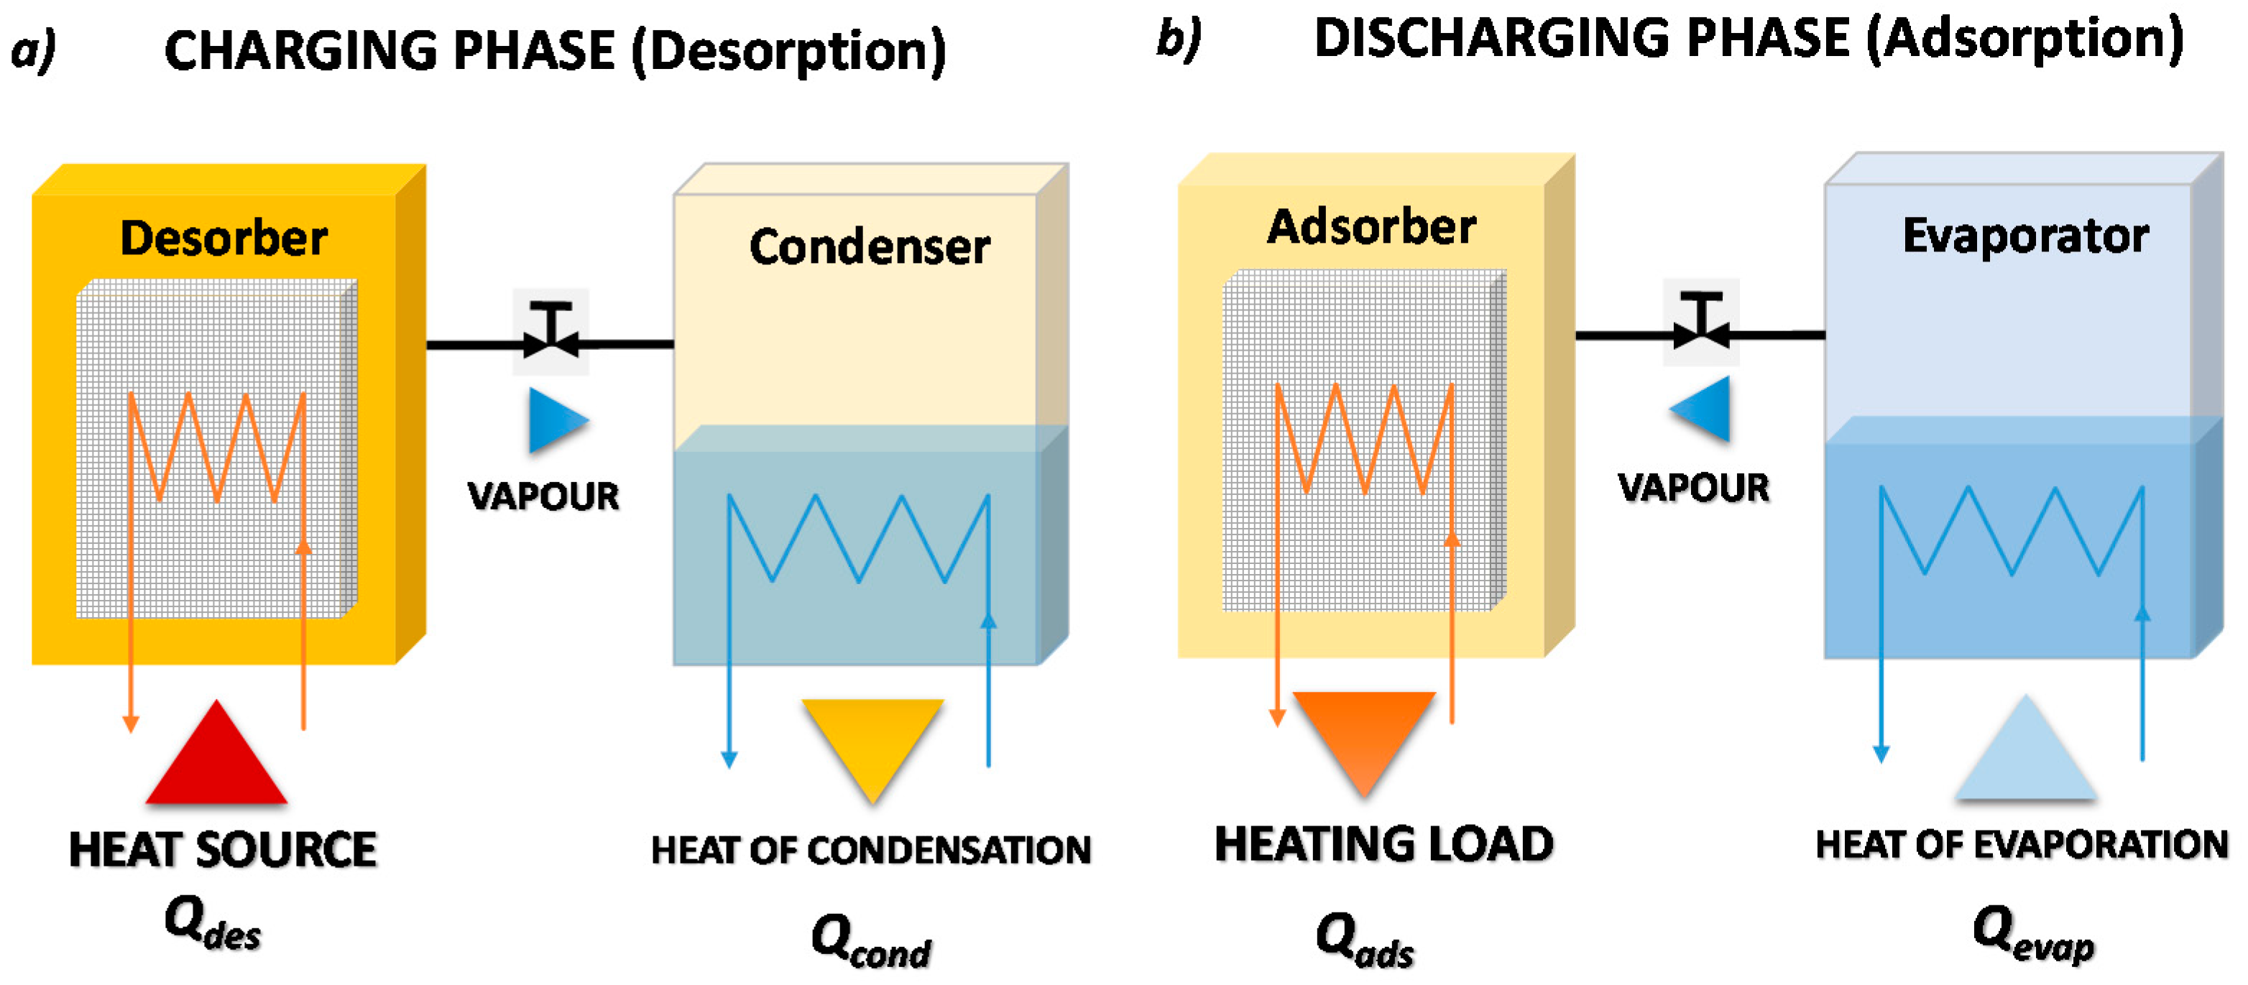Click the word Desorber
[x=224, y=239]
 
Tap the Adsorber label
[x=1371, y=228]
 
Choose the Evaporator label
[x=2024, y=236]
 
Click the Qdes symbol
[x=212, y=923]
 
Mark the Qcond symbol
[x=871, y=940]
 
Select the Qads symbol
[x=1364, y=940]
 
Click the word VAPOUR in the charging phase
[x=543, y=496]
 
